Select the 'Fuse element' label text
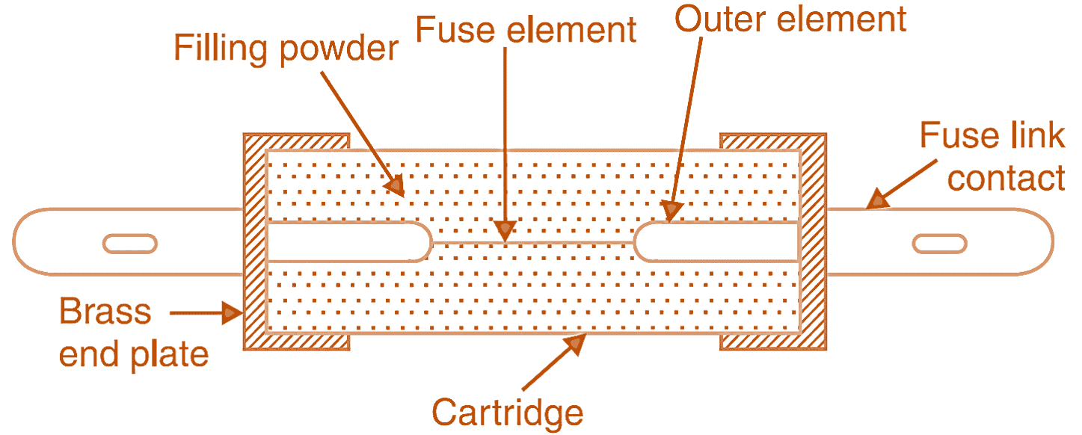click(x=526, y=31)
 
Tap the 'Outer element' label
click(x=790, y=19)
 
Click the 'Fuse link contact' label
click(x=992, y=158)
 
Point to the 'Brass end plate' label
click(x=133, y=333)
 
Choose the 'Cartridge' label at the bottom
click(x=507, y=412)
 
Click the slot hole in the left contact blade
click(x=130, y=243)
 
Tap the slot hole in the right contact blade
click(x=938, y=243)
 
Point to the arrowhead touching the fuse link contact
click(x=876, y=200)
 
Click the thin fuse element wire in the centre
click(x=532, y=243)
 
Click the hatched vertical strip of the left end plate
click(x=255, y=243)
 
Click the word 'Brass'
click(x=105, y=312)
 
